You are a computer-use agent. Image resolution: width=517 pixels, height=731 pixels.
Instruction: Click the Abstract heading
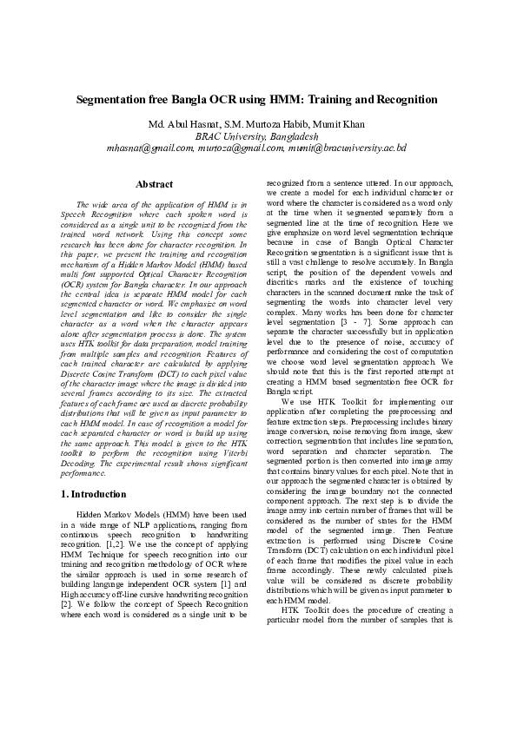pos(154,184)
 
